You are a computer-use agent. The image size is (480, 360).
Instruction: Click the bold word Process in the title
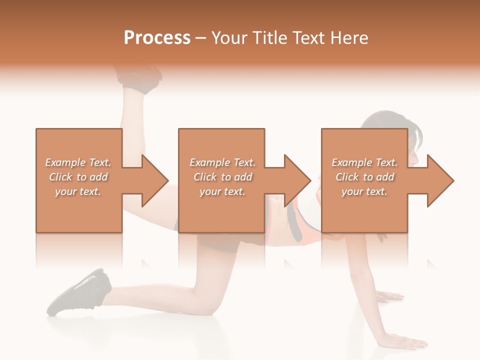point(157,37)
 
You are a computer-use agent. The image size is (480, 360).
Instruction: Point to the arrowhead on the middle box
point(296,180)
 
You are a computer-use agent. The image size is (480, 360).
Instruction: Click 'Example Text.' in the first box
point(78,162)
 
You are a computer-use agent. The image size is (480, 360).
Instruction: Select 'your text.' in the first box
point(78,191)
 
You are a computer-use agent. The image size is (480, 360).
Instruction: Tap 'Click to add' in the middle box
point(222,177)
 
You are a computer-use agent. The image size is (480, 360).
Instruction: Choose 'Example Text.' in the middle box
point(222,162)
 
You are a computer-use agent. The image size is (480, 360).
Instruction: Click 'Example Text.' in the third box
point(364,162)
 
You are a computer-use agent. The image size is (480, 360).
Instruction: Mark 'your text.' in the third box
point(364,191)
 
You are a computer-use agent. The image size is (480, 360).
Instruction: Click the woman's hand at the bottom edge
point(405,342)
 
